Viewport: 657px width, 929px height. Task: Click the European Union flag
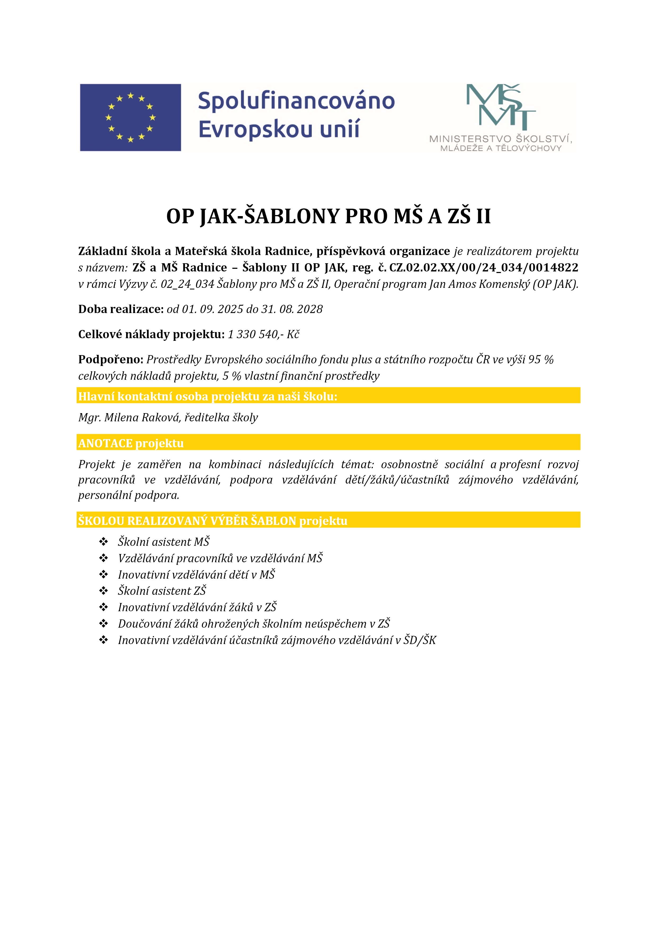point(130,117)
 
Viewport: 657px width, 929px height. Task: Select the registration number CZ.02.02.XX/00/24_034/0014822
point(484,267)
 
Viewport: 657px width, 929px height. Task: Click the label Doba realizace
point(121,309)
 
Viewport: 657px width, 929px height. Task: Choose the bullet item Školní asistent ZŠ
point(162,591)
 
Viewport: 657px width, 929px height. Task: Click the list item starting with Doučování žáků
point(254,623)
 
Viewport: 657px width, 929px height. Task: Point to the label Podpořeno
point(110,359)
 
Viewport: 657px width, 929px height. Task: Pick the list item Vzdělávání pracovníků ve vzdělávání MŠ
point(220,558)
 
